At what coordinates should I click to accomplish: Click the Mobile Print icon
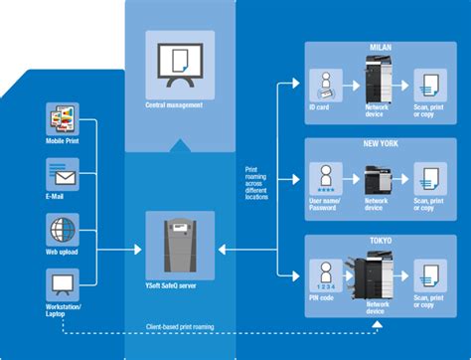pyautogui.click(x=63, y=122)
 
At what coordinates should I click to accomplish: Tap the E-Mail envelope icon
pyautogui.click(x=63, y=175)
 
